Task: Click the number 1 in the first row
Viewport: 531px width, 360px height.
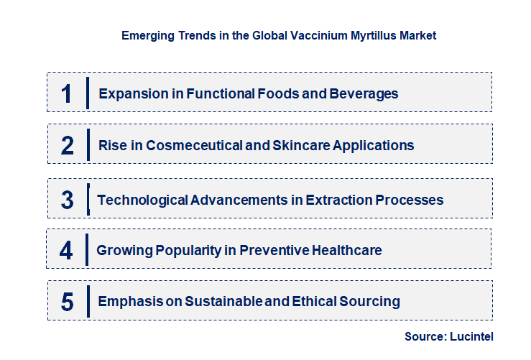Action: coord(66,93)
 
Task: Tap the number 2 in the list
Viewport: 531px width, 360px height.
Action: coord(67,145)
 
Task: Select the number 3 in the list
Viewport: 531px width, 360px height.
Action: coord(67,200)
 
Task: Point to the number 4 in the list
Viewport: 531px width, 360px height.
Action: coord(66,250)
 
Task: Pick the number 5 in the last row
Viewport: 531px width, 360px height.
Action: coord(67,302)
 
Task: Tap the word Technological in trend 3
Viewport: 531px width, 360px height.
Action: coord(142,200)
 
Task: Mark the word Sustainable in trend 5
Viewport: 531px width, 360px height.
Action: coord(223,301)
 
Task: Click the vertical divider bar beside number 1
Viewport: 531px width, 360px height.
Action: coord(87,93)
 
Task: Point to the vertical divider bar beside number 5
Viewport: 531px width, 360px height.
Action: coord(87,300)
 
